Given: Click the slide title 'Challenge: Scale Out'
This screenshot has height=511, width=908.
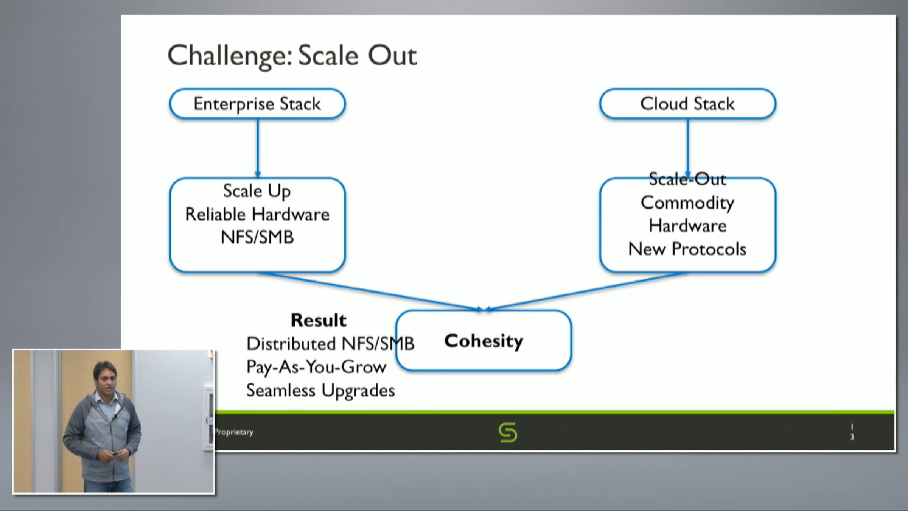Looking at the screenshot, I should [x=292, y=56].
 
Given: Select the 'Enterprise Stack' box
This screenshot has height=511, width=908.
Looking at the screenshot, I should [x=257, y=104].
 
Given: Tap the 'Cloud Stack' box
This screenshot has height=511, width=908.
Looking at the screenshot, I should [x=687, y=104].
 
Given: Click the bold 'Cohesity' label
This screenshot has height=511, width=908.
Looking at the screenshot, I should [x=484, y=341].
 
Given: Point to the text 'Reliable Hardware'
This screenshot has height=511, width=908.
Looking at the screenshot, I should [x=257, y=214].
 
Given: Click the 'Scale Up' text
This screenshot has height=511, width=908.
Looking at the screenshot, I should [x=257, y=191].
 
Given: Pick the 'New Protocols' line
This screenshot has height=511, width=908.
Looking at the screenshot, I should [x=687, y=249].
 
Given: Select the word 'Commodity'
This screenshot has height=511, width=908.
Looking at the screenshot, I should [x=687, y=203].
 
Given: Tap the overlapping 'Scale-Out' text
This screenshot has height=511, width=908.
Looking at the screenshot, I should [x=687, y=179].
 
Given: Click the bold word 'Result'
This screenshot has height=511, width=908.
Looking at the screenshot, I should [x=318, y=320].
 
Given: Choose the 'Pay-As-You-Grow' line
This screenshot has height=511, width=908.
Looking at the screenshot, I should [x=316, y=367].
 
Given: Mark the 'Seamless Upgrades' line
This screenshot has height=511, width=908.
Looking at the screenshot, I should [x=320, y=390].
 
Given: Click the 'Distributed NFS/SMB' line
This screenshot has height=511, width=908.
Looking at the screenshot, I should [x=330, y=344].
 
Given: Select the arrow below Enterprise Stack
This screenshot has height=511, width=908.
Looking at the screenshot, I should [x=258, y=148].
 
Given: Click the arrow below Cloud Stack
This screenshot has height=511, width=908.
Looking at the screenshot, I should [x=687, y=148].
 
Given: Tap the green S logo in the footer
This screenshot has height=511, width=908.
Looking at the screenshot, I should [x=508, y=432].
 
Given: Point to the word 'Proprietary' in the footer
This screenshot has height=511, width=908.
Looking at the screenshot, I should [x=234, y=432].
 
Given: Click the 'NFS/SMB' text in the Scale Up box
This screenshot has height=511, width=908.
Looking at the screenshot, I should [x=257, y=238].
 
